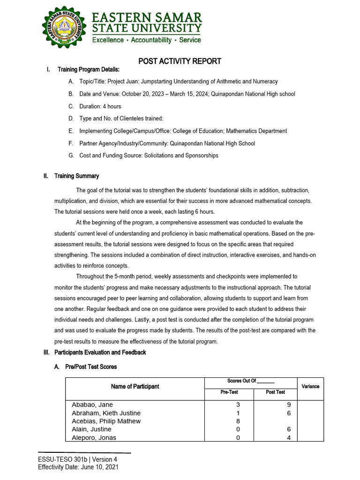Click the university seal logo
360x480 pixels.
(x=65, y=28)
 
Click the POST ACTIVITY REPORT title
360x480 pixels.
(x=180, y=61)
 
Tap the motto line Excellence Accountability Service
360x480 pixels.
(x=146, y=40)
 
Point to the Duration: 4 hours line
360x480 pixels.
(x=100, y=106)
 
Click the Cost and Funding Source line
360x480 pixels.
(x=149, y=156)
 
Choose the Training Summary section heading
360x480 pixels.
(x=76, y=176)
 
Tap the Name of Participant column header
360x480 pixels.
(x=135, y=387)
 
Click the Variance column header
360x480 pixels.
(x=310, y=386)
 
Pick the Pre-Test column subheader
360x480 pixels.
(x=229, y=392)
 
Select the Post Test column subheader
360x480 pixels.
(x=275, y=392)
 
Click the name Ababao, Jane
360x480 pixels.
(x=92, y=405)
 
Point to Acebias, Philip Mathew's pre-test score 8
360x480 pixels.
(x=238, y=421)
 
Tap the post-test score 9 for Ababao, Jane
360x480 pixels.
(x=289, y=405)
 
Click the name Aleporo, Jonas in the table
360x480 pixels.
(x=94, y=438)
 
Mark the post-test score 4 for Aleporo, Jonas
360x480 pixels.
(x=289, y=438)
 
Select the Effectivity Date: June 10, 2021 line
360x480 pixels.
(x=78, y=467)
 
